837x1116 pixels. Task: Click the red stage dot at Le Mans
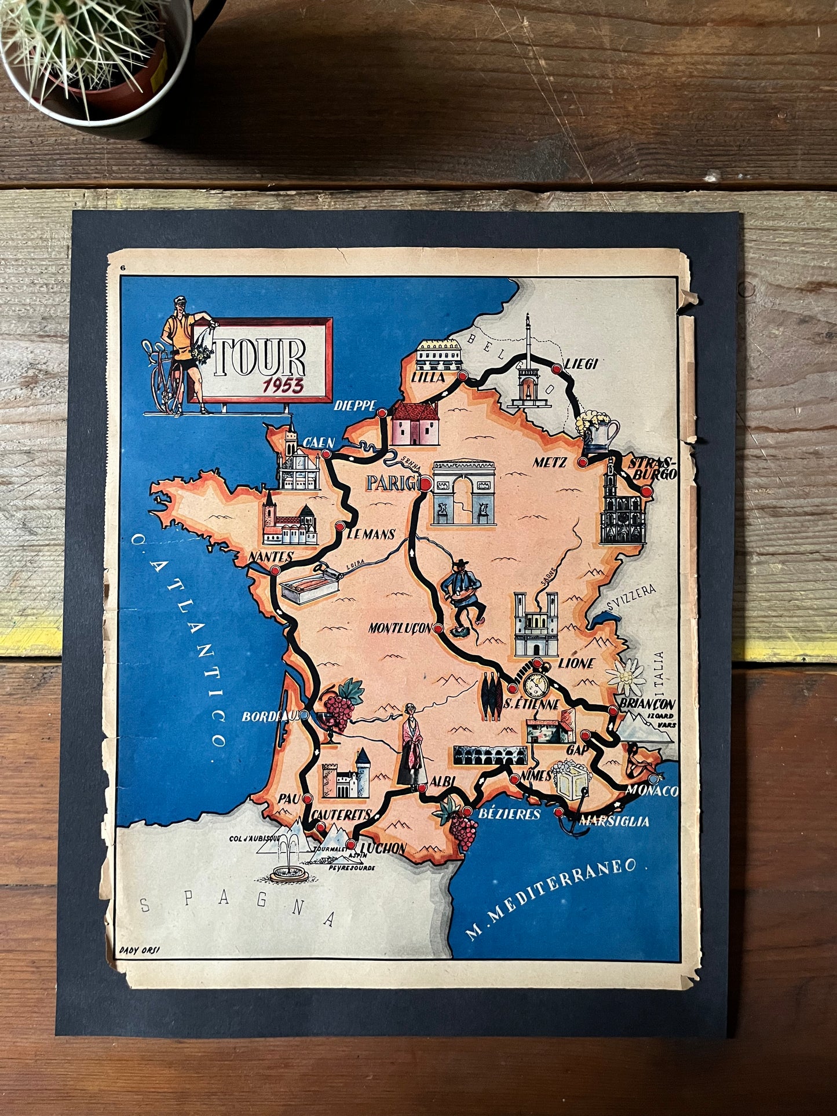click(339, 527)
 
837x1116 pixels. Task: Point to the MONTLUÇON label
click(400, 628)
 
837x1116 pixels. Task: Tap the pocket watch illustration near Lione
click(535, 685)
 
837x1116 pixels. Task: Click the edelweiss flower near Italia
click(626, 677)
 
